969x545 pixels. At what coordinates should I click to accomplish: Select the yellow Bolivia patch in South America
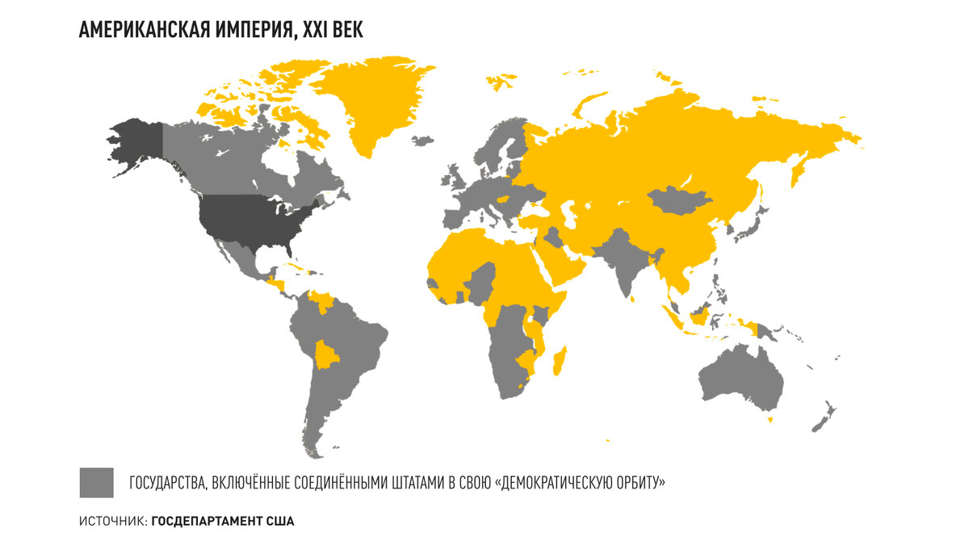327,354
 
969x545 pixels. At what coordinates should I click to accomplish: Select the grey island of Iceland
422,140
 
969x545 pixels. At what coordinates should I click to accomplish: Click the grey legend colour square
96,483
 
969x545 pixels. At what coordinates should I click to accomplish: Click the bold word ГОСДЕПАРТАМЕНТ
207,522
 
